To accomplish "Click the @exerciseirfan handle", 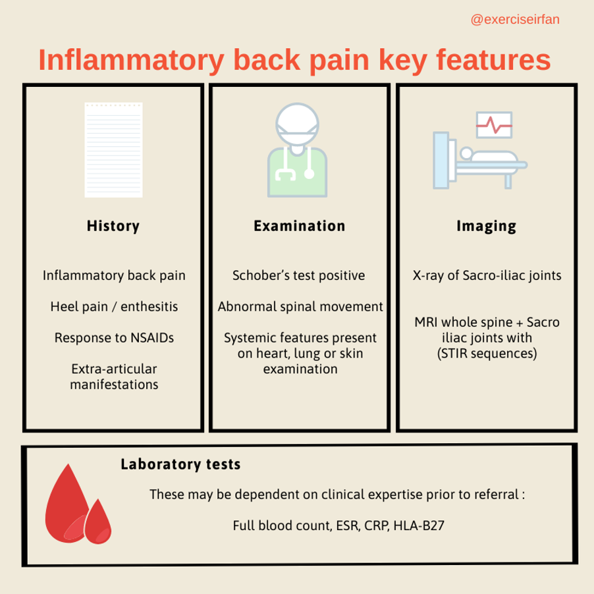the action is point(515,19).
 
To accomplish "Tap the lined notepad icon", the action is point(114,149).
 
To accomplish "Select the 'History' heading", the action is point(113,226).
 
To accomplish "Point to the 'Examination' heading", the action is point(299,226).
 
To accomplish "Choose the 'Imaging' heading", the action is point(487,226).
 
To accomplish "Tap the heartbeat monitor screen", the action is point(494,125).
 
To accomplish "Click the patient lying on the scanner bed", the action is point(489,155).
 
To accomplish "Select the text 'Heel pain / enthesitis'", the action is point(114,306).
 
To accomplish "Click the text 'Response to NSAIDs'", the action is point(114,338).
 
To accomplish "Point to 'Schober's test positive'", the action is point(299,275).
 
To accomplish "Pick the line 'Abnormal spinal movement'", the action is point(300,306).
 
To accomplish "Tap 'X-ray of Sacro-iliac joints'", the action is point(487,275).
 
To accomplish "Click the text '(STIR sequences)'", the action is point(487,354).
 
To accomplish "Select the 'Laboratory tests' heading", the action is point(180,464).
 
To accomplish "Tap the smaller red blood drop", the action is point(97,522).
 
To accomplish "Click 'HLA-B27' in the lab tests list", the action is point(419,526).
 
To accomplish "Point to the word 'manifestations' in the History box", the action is point(114,385).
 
